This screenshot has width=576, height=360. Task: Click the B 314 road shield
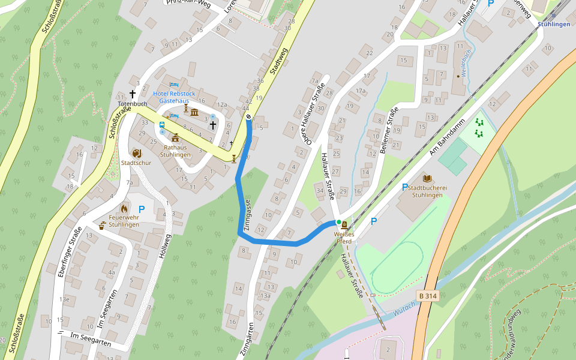[x=427, y=296]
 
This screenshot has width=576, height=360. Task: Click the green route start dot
[x=338, y=223]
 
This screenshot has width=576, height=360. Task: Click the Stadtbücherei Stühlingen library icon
[x=427, y=178]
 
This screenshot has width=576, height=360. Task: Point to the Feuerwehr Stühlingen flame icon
[x=124, y=208]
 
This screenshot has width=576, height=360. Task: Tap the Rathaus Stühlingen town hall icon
[x=175, y=138]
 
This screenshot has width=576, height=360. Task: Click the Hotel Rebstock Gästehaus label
[x=174, y=98]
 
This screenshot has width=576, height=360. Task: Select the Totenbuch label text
[x=133, y=104]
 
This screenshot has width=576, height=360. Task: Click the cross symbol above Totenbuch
[x=133, y=94]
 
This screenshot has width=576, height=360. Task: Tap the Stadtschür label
[x=136, y=163]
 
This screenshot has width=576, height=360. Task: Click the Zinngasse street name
[x=248, y=212]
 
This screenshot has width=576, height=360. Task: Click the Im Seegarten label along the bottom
[x=91, y=338]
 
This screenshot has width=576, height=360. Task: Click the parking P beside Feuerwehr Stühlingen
[x=142, y=209]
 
